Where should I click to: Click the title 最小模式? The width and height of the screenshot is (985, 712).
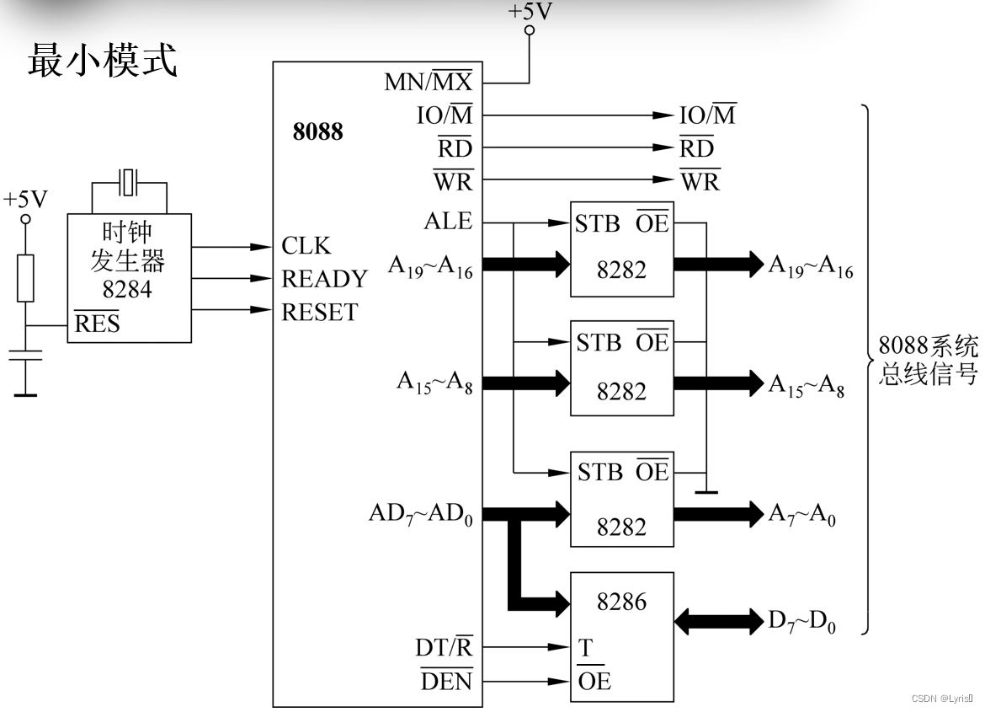click(102, 62)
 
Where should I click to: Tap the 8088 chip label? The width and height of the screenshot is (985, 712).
click(317, 132)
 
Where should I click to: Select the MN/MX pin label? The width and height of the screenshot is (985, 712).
click(428, 82)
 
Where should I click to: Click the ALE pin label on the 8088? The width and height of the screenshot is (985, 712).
click(448, 222)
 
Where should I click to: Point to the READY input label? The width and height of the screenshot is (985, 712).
click(324, 279)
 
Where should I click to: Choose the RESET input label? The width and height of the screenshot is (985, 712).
click(319, 312)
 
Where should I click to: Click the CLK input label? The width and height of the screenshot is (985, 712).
click(306, 246)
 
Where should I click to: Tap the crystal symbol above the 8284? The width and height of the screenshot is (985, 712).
click(129, 181)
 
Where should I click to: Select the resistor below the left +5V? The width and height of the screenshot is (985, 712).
click(26, 278)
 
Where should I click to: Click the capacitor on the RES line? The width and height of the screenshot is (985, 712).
click(26, 357)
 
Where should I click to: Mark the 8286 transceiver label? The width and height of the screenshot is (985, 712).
click(621, 602)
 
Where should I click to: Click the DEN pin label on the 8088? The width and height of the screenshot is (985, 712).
click(446, 681)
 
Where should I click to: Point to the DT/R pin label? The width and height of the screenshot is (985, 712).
click(443, 647)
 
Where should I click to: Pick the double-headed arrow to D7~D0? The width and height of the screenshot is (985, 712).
click(719, 622)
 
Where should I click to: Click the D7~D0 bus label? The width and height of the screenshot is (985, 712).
click(801, 622)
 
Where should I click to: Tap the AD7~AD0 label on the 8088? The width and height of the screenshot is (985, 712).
click(420, 514)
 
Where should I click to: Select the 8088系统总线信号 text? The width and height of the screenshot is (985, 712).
click(928, 360)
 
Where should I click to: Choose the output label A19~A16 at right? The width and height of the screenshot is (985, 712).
click(810, 266)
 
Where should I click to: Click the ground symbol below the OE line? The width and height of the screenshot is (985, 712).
click(705, 490)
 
